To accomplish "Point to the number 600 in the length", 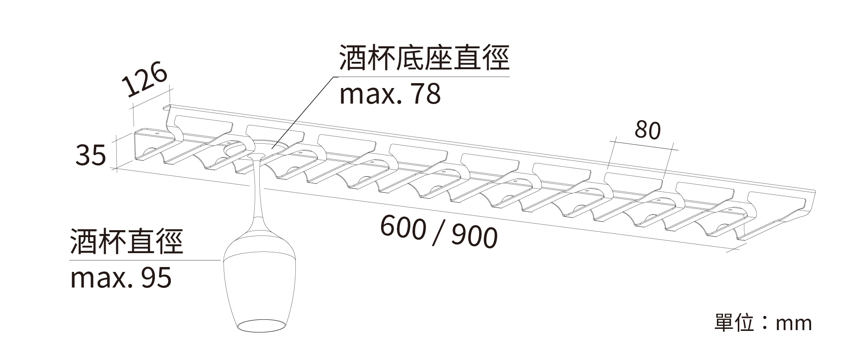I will pos(403,228).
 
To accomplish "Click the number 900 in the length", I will pos(475,236).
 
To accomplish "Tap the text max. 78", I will pos(390,94).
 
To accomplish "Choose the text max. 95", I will pos(121,278).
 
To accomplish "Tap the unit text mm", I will pos(793,324).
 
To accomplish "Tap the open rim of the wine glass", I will pos(261,326).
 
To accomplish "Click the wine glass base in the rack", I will pos(262,147).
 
